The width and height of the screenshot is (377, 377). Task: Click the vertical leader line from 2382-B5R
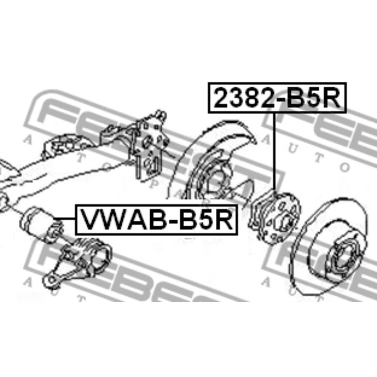pyautogui.click(x=275, y=151)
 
